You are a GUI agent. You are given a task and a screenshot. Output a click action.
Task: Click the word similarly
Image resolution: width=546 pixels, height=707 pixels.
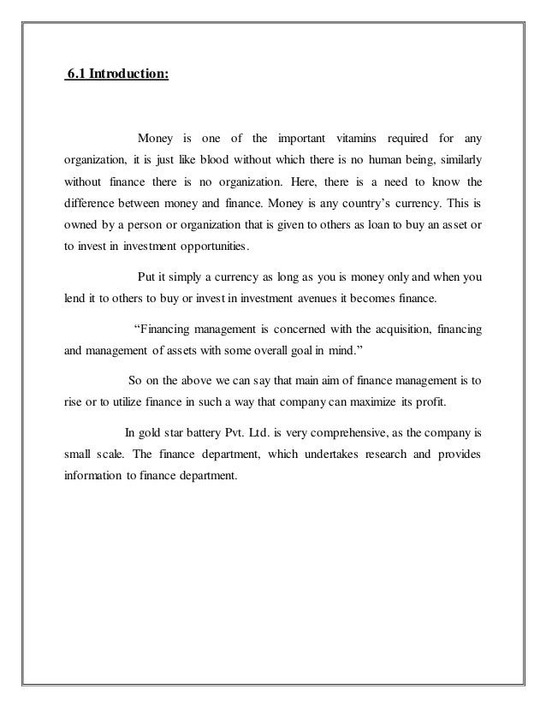tap(460, 161)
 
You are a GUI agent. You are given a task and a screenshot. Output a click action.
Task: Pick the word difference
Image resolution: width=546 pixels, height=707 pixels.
tap(92, 205)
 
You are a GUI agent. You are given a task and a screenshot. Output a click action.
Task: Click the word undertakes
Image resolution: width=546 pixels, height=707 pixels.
tap(301, 452)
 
